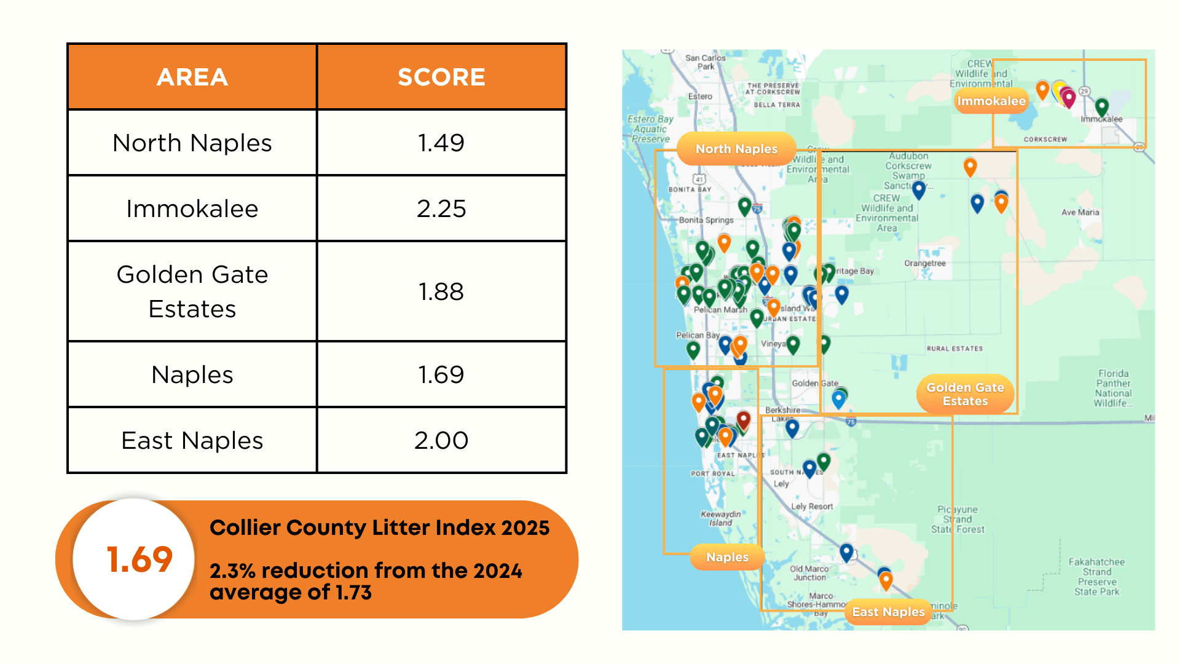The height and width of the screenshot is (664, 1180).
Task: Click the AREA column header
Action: [x=192, y=77]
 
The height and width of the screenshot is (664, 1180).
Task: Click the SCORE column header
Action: [x=441, y=77]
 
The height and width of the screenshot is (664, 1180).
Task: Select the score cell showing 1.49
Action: [x=441, y=143]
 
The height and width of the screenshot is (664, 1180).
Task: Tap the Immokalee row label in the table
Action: [x=192, y=208]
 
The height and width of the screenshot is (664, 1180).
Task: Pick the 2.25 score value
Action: [x=441, y=208]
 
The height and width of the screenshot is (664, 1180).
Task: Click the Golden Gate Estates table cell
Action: [x=192, y=291]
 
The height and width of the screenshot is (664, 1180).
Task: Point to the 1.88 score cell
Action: [x=441, y=291]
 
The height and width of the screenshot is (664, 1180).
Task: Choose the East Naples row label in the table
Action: [x=192, y=440]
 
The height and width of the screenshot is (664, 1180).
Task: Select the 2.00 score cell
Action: [x=441, y=440]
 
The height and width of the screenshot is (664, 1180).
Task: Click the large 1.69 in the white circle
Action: [x=140, y=559]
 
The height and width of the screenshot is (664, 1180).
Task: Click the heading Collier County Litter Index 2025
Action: [x=379, y=528]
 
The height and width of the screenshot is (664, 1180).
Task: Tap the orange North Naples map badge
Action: [x=736, y=149]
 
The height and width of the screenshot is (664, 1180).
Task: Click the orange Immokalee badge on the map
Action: [x=991, y=101]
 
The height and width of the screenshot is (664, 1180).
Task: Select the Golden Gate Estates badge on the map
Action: [x=965, y=394]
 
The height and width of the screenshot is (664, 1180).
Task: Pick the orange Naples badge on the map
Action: [x=727, y=557]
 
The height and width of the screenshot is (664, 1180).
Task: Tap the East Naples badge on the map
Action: [x=888, y=612]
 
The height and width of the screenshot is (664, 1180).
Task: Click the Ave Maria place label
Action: [x=1080, y=212]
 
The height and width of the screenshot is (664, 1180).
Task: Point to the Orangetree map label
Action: [x=925, y=263]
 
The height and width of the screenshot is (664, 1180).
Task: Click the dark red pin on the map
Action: [x=744, y=421]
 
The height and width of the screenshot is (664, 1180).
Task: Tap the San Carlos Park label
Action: [x=706, y=62]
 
